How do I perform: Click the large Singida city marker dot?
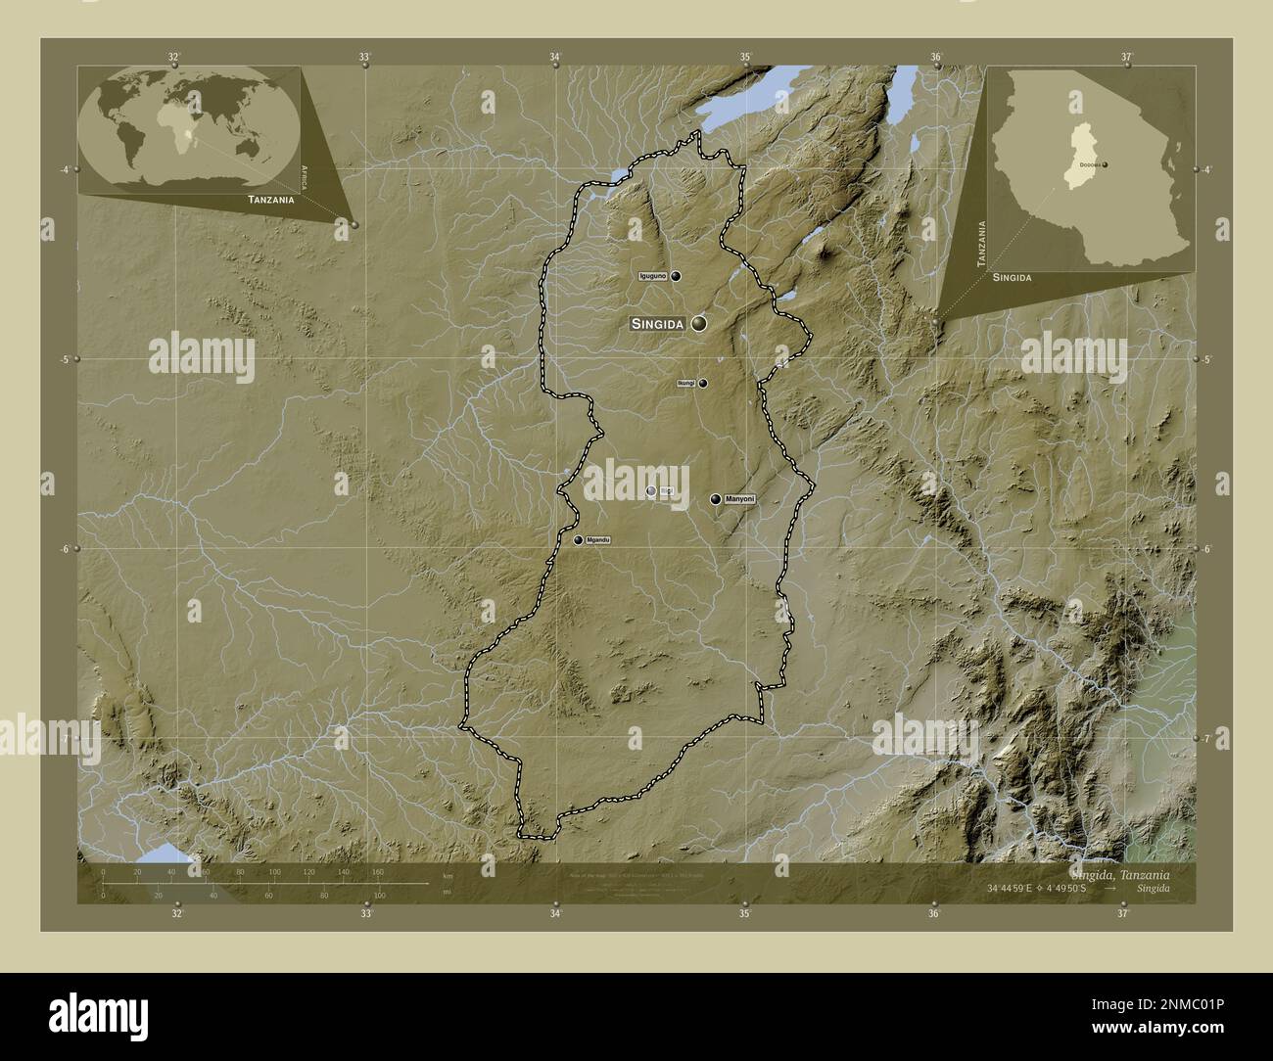point(699,323)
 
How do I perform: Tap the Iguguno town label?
point(652,277)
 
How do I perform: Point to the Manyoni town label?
point(741,499)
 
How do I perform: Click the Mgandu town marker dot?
point(579,540)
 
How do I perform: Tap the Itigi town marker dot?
point(651,491)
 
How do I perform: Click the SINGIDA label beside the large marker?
point(657,324)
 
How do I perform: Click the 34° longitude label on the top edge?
point(555,57)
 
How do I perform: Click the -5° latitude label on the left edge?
point(65,359)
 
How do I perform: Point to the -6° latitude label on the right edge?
point(1207,549)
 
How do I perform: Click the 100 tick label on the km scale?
point(275,871)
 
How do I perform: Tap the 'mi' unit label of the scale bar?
point(447,892)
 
